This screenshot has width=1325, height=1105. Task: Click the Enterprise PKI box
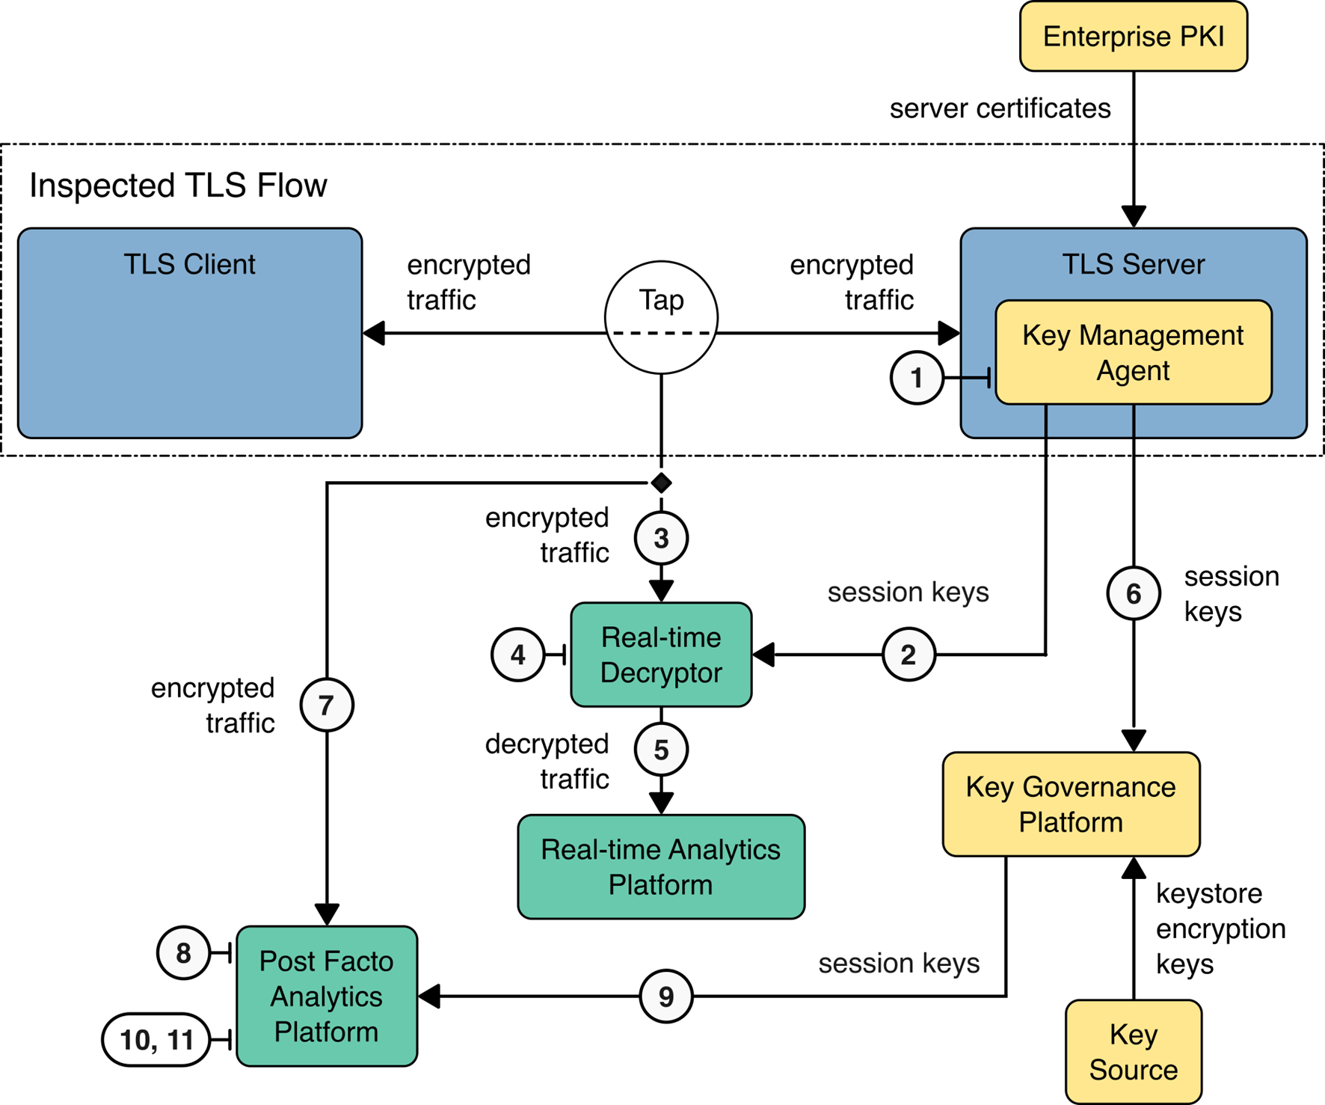(1133, 37)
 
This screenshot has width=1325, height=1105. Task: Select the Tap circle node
(661, 316)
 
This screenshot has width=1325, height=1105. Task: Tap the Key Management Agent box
(1133, 352)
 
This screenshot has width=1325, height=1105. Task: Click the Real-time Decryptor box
(661, 655)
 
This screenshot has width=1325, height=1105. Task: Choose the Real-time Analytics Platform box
(661, 866)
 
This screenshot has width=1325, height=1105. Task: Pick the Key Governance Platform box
(1071, 804)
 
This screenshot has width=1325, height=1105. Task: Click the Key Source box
(1133, 1051)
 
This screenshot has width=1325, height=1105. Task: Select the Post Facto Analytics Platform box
(327, 996)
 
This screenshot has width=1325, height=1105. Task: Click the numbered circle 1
(917, 378)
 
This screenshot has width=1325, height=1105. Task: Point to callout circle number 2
(909, 655)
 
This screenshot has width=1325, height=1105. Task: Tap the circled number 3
(661, 538)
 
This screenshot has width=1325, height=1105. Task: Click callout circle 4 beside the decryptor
(517, 655)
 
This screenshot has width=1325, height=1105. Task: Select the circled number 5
(661, 750)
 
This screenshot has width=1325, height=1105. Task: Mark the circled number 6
(1134, 594)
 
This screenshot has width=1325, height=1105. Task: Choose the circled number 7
(327, 705)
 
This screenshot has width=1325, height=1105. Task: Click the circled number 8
(183, 953)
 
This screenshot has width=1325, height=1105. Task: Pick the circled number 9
(666, 996)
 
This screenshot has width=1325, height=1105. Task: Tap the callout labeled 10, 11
(156, 1039)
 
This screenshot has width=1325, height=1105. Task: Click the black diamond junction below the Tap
(661, 483)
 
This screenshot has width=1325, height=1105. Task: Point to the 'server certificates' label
(1000, 108)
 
